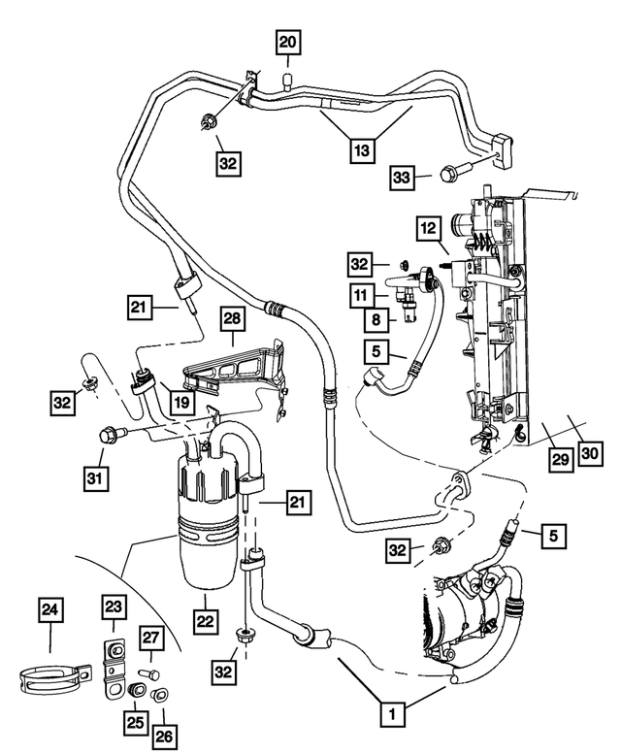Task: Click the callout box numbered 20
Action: coord(289,42)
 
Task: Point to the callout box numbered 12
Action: coord(429,228)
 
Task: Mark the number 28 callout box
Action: coord(233,318)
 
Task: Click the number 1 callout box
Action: coord(390,715)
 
